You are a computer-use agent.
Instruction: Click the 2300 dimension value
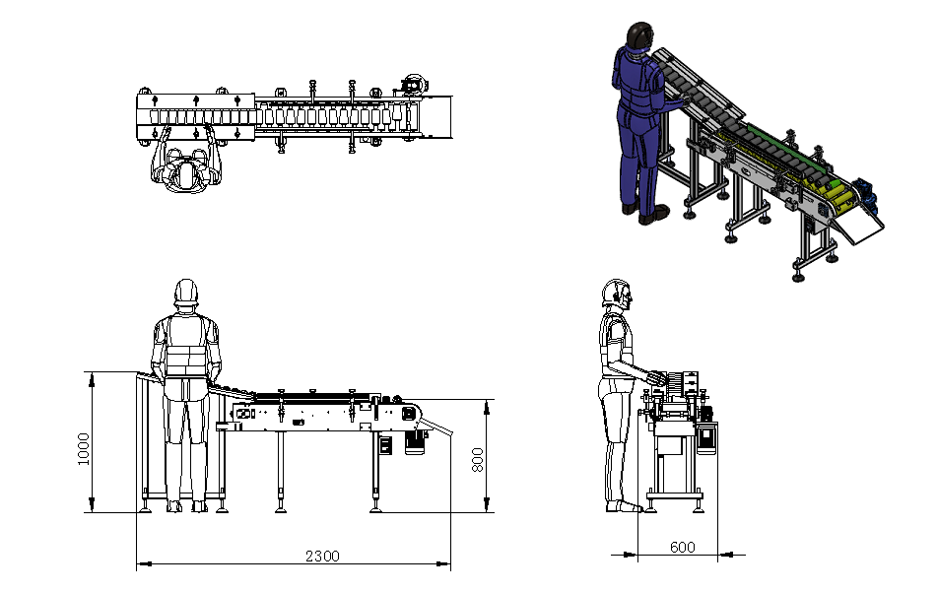tap(322, 557)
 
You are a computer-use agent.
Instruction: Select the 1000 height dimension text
tap(84, 448)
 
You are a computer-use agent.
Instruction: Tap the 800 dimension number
tap(478, 460)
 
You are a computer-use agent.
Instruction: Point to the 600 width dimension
tap(683, 548)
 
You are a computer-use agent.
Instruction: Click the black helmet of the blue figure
tap(640, 34)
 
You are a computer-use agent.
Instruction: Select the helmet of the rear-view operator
tap(186, 292)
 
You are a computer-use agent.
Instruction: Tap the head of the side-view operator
tap(616, 294)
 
